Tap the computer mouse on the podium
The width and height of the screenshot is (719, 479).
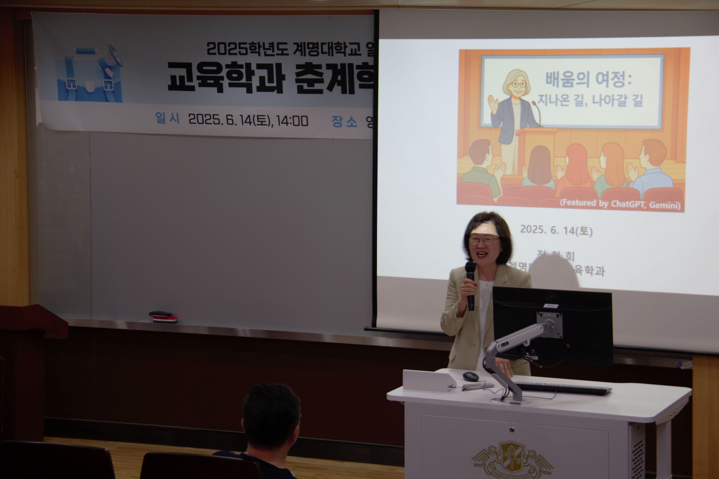point(470,376)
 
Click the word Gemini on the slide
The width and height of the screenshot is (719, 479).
point(664,205)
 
